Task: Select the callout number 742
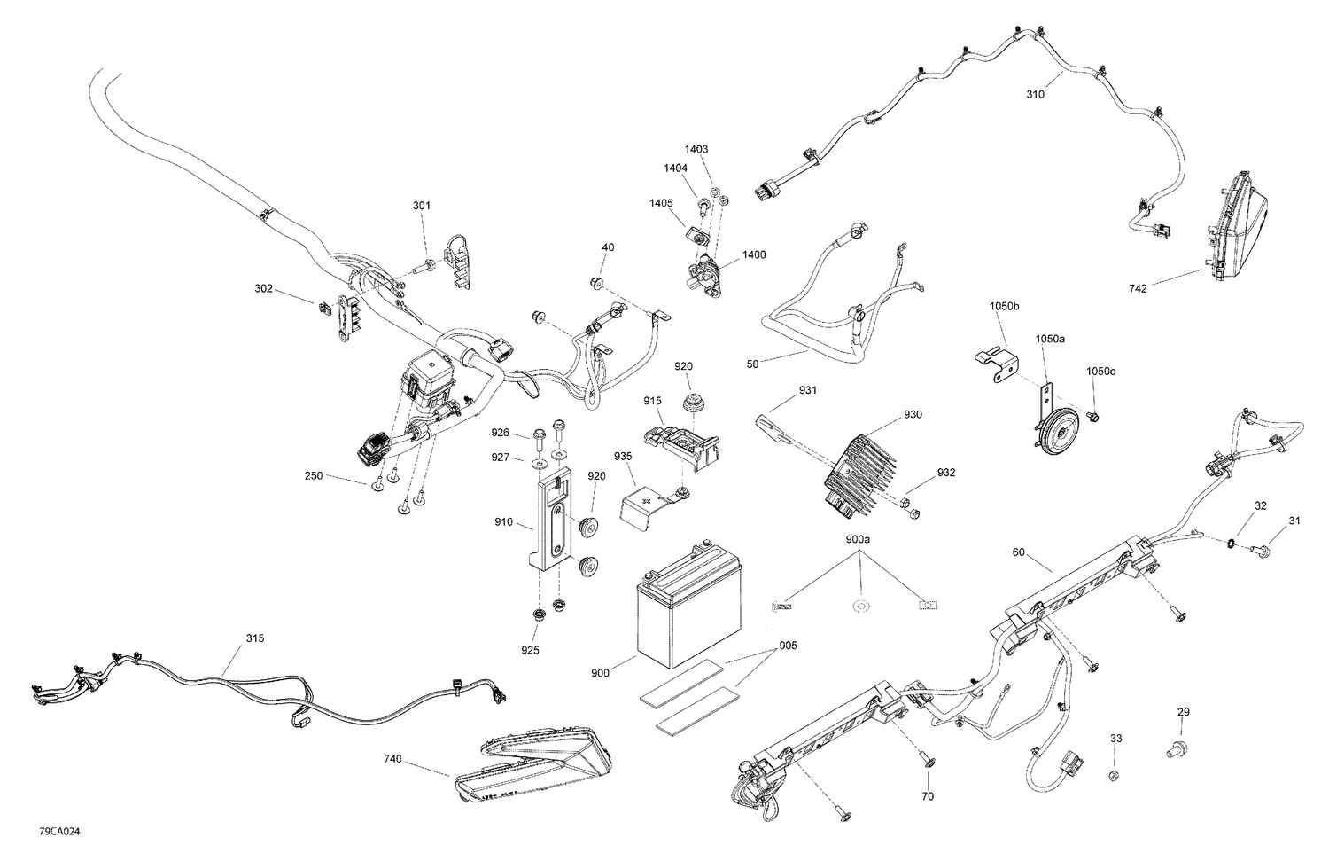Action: pos(1139,288)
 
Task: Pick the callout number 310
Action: pos(1035,94)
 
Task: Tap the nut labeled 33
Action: pos(1115,776)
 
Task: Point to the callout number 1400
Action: pos(754,254)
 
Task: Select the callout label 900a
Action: pos(858,539)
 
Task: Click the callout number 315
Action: pos(254,638)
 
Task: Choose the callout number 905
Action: pos(788,646)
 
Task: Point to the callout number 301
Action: pos(422,206)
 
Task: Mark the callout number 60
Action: pos(1019,553)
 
